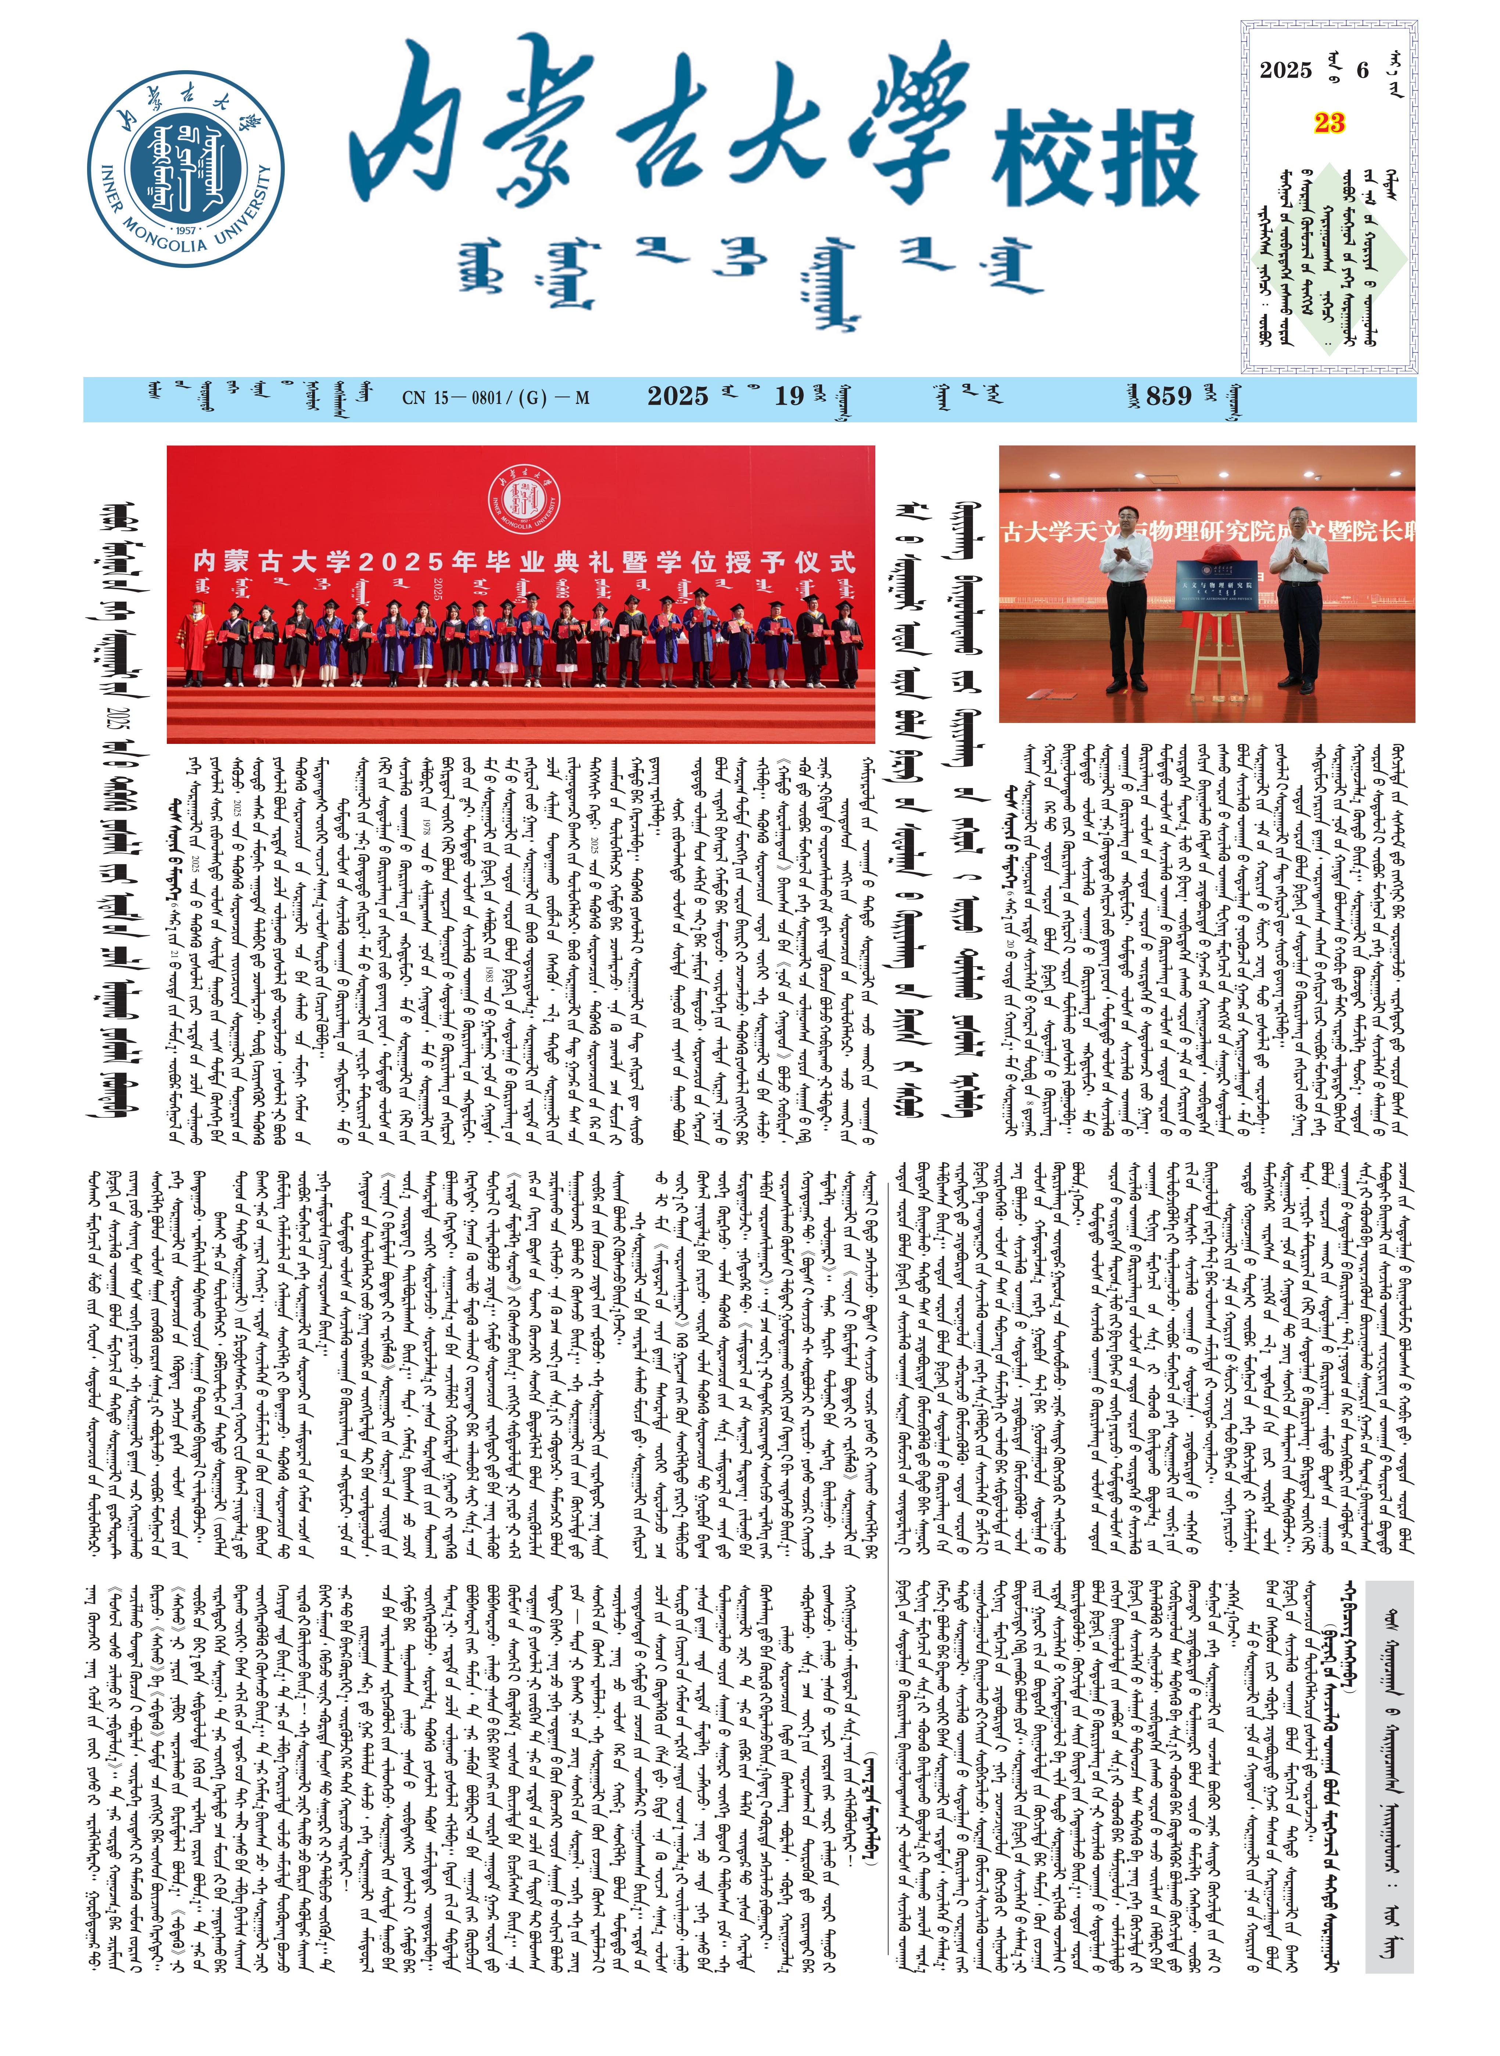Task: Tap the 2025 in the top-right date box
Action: coord(1286,70)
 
